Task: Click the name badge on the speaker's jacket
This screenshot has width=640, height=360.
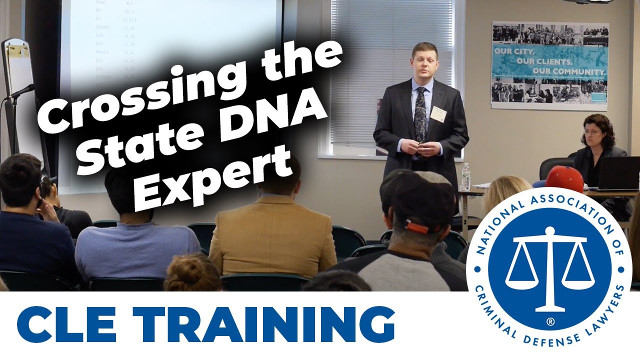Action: pos(438,113)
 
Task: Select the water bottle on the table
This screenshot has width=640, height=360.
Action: pos(465,177)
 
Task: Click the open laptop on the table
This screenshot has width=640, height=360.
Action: pos(618,173)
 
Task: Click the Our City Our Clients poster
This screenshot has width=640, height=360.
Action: pos(549,65)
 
